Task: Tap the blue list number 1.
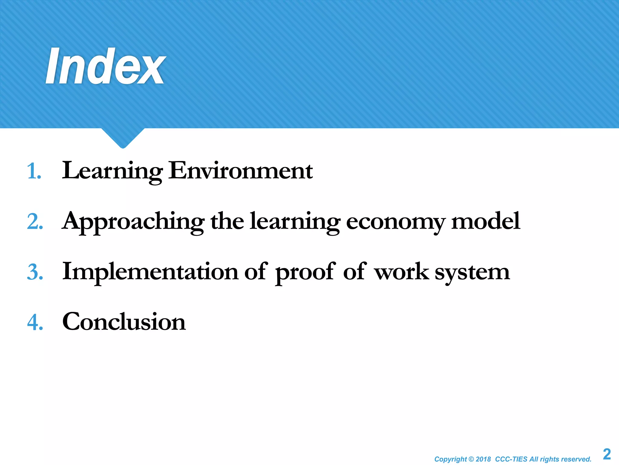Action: pyautogui.click(x=34, y=171)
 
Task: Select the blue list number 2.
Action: pyautogui.click(x=35, y=222)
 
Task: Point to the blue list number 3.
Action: pyautogui.click(x=35, y=272)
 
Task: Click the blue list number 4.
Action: pyautogui.click(x=35, y=322)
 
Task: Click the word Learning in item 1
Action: pyautogui.click(x=112, y=171)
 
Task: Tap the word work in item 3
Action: pyautogui.click(x=401, y=272)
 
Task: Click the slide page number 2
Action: pyautogui.click(x=607, y=454)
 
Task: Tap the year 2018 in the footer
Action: pyautogui.click(x=483, y=459)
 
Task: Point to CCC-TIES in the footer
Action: pyautogui.click(x=511, y=459)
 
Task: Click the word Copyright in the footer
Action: pyautogui.click(x=450, y=459)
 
